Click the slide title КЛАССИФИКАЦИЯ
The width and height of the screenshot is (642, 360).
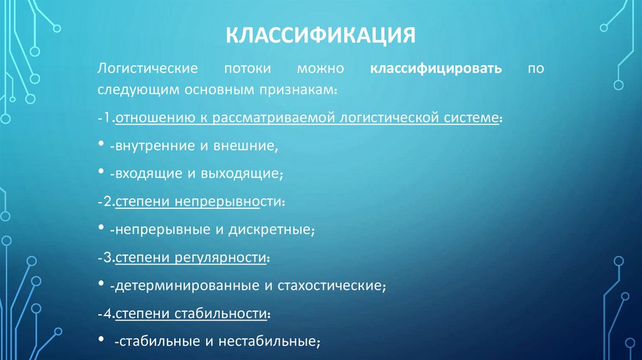click(320, 35)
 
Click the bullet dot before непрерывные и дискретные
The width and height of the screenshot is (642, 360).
click(102, 229)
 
